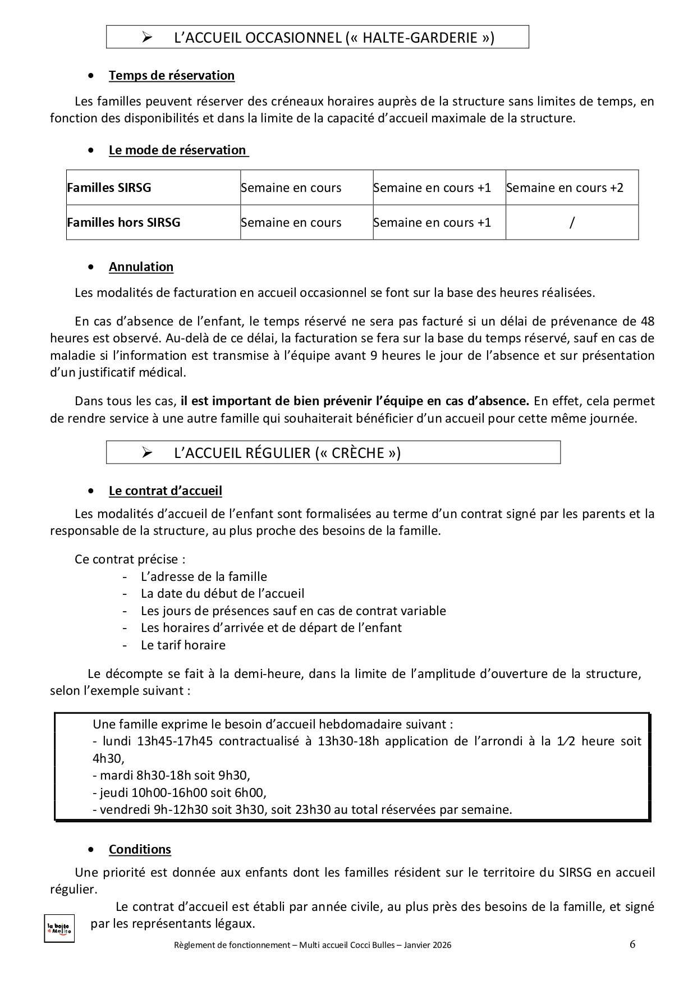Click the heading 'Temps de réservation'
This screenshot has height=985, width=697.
coord(171,75)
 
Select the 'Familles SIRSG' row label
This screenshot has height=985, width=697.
coord(109,187)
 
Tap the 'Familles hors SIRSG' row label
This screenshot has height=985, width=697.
coord(124,222)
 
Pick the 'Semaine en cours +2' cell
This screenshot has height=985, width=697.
coord(565,187)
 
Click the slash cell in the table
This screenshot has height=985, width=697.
coord(572,222)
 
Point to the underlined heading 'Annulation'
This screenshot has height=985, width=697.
coord(141,267)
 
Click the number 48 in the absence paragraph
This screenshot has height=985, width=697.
coord(647,321)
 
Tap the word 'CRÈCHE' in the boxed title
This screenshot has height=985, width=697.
coord(357,453)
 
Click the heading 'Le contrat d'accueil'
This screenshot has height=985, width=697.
coord(165,491)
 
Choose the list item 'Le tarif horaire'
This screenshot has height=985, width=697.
coord(183,645)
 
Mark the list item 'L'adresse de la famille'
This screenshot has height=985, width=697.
coord(204,576)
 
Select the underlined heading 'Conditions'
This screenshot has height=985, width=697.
coord(140,849)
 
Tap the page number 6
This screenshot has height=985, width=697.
coord(632,944)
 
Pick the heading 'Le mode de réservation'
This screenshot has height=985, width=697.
coord(177,150)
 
